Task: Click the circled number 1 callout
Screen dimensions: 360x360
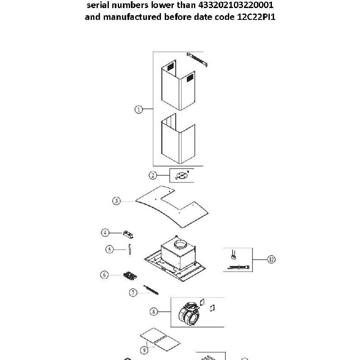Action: pyautogui.click(x=138, y=109)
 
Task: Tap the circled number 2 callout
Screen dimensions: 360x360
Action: pyautogui.click(x=153, y=175)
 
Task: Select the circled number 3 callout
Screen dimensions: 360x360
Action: pyautogui.click(x=116, y=201)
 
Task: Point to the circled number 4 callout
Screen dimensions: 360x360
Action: pyautogui.click(x=105, y=232)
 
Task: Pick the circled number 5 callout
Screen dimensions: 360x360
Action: pyautogui.click(x=110, y=249)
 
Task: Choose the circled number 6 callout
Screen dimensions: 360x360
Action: pyautogui.click(x=105, y=275)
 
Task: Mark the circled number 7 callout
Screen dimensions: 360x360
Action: pyautogui.click(x=133, y=292)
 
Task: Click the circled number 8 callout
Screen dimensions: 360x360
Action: pyautogui.click(x=154, y=312)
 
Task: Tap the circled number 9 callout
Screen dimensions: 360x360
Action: pyautogui.click(x=145, y=350)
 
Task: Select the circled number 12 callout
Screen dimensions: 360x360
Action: pyautogui.click(x=271, y=259)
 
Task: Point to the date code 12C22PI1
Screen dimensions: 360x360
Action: pyautogui.click(x=254, y=17)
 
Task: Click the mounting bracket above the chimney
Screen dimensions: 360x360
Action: pyautogui.click(x=197, y=59)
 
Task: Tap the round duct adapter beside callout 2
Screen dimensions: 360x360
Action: pyautogui.click(x=181, y=175)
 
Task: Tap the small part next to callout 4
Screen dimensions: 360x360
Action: pyautogui.click(x=128, y=233)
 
